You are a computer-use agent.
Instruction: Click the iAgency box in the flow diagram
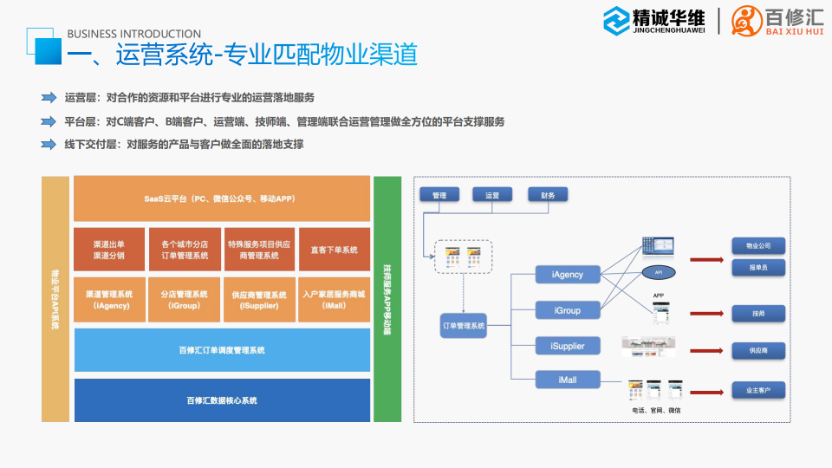pyautogui.click(x=568, y=275)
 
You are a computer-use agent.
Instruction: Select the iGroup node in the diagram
pyautogui.click(x=568, y=309)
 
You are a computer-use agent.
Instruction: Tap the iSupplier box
pyautogui.click(x=568, y=346)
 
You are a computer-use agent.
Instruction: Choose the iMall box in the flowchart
pyautogui.click(x=568, y=380)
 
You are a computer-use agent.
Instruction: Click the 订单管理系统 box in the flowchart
pyautogui.click(x=464, y=327)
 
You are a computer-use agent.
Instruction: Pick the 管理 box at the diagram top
pyautogui.click(x=439, y=195)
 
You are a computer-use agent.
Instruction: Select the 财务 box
pyautogui.click(x=548, y=195)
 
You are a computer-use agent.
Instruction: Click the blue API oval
pyautogui.click(x=659, y=273)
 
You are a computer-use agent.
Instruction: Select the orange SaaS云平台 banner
pyautogui.click(x=221, y=199)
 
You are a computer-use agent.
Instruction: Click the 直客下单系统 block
pyautogui.click(x=334, y=250)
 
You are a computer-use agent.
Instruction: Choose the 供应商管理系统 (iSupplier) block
pyautogui.click(x=259, y=300)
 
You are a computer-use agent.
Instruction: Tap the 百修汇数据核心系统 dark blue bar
pyautogui.click(x=221, y=400)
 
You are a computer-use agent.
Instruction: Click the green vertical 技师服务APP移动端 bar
pyautogui.click(x=387, y=299)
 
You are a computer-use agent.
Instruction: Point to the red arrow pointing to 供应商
pyautogui.click(x=707, y=351)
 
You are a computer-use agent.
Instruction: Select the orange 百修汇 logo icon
pyautogui.click(x=747, y=19)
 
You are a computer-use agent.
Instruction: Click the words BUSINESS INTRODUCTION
pyautogui.click(x=133, y=35)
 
